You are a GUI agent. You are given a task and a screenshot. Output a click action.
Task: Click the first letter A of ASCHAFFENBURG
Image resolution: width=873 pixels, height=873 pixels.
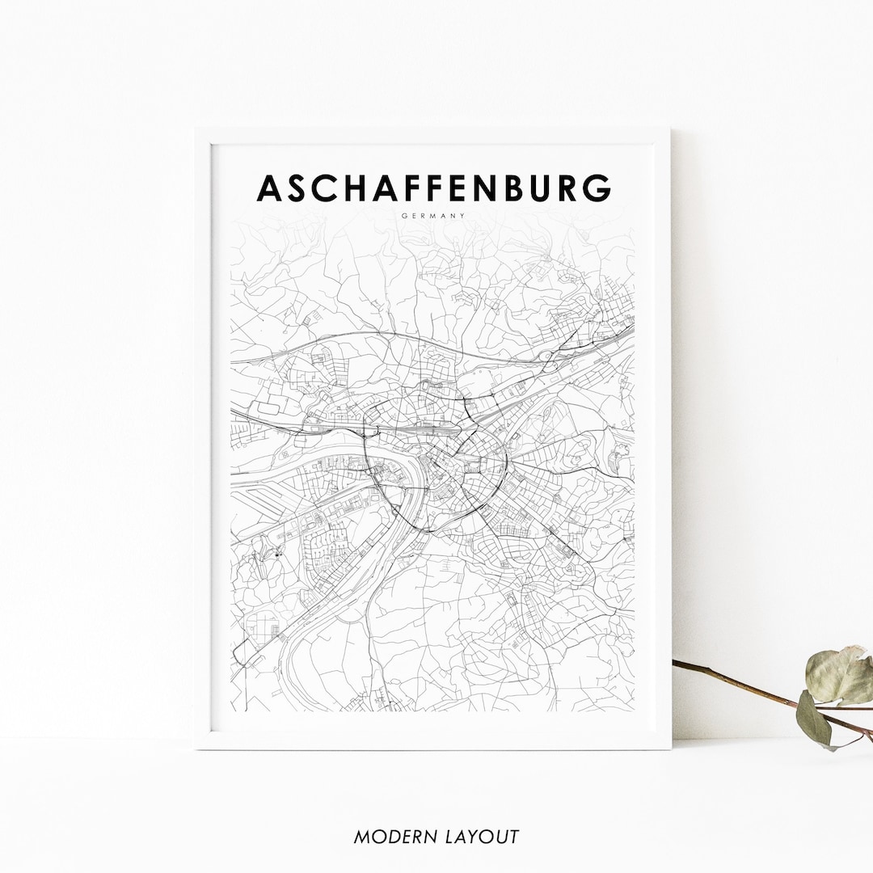tap(270, 188)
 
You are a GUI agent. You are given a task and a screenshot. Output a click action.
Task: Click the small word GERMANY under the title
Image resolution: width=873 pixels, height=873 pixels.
tap(433, 216)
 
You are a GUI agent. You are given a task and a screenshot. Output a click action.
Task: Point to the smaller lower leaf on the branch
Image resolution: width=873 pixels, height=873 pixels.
tap(814, 718)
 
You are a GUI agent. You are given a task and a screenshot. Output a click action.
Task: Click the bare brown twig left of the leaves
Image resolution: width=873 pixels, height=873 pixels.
tap(727, 679)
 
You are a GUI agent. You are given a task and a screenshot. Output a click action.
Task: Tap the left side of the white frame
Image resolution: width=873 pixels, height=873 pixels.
tap(203, 436)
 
